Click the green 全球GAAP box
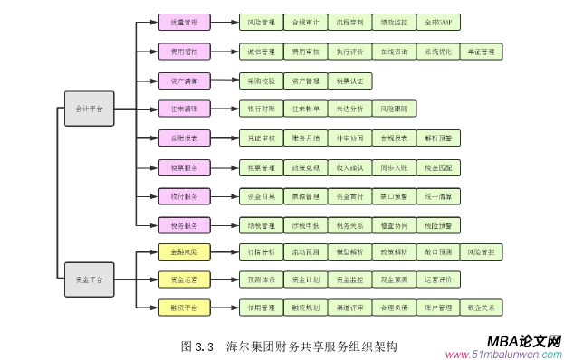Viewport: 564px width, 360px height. [x=437, y=22]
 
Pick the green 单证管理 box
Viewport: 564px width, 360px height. [x=482, y=51]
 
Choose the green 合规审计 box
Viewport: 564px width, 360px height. [x=305, y=22]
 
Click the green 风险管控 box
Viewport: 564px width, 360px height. [x=482, y=251]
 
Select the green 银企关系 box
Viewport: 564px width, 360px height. [x=482, y=308]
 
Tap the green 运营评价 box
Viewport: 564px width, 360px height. [x=437, y=279]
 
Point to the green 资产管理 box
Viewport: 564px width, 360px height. [x=305, y=81]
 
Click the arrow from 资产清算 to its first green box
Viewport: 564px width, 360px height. [x=225, y=81]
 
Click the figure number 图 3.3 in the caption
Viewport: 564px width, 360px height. [x=197, y=346]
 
